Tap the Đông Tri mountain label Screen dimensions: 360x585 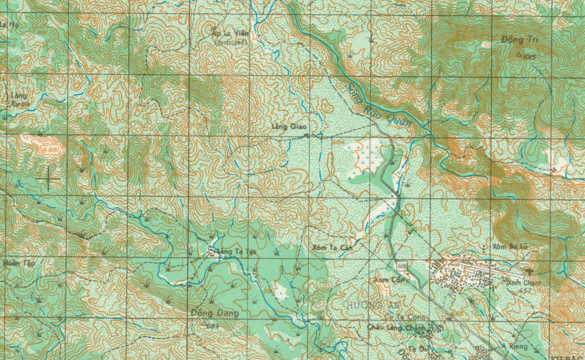(x=519, y=40)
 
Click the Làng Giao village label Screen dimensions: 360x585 (x=289, y=126)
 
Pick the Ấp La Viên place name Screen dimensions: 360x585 (x=230, y=33)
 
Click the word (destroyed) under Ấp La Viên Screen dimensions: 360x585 (x=231, y=42)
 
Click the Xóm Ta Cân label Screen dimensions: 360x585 (x=332, y=248)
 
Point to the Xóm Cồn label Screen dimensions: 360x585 (x=388, y=280)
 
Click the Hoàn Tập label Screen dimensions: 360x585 (x=19, y=263)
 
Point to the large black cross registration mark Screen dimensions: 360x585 (x=49, y=178)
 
